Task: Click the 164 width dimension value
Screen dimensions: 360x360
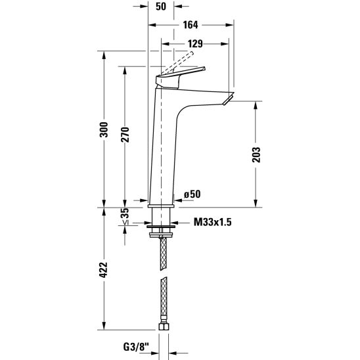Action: click(x=191, y=25)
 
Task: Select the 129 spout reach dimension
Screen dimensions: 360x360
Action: click(x=195, y=43)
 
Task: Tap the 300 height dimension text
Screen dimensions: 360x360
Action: click(x=104, y=129)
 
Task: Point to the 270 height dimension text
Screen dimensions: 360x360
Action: click(x=125, y=134)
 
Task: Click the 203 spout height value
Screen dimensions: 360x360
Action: click(x=256, y=155)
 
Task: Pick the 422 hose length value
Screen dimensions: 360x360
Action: click(x=104, y=270)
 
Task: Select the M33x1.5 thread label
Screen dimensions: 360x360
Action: click(x=213, y=222)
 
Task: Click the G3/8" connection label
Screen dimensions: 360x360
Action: click(x=136, y=347)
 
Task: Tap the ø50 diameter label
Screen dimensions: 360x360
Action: click(x=192, y=194)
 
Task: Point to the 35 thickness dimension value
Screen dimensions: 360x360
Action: click(x=125, y=213)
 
